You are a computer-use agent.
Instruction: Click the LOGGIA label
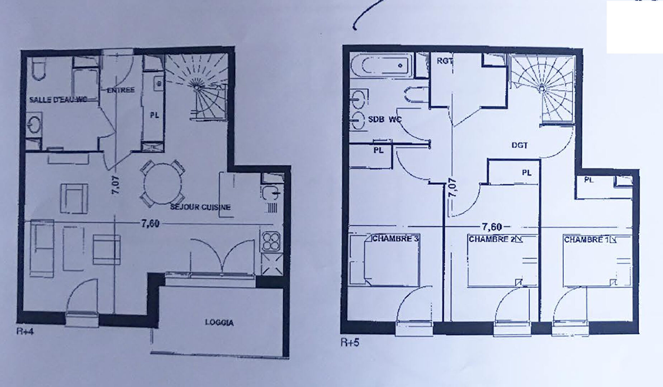tap(219, 322)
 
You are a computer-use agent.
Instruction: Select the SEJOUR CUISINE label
tap(200, 207)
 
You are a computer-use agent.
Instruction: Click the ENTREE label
tap(121, 90)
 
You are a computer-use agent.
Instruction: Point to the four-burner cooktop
tap(271, 241)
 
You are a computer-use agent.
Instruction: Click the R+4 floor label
tap(25, 331)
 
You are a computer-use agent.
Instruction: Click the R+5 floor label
tap(350, 343)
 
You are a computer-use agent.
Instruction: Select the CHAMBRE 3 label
tap(396, 238)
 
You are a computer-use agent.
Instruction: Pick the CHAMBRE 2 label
tap(491, 239)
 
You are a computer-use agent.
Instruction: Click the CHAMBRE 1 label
tap(586, 239)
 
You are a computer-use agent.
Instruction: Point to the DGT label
tap(520, 145)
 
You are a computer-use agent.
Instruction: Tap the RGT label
tap(444, 61)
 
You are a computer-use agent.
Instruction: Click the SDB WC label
tap(385, 119)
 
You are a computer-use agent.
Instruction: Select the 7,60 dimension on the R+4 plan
tap(150, 223)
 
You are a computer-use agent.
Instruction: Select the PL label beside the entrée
tap(154, 115)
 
